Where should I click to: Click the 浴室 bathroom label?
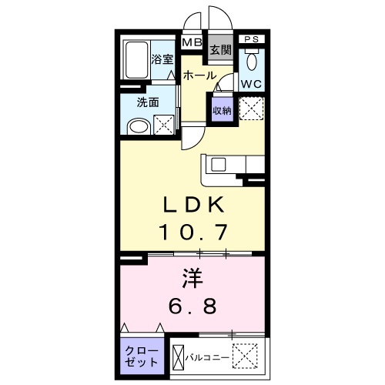point(161,59)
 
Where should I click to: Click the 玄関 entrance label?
point(220,51)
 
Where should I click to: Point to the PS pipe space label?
point(250,38)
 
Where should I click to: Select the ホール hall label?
point(199,75)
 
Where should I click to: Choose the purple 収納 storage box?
point(222,110)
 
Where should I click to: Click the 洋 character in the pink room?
point(192,276)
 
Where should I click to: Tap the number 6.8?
point(192,304)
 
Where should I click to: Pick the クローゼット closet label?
point(142,355)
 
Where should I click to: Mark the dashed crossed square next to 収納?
point(251,109)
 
